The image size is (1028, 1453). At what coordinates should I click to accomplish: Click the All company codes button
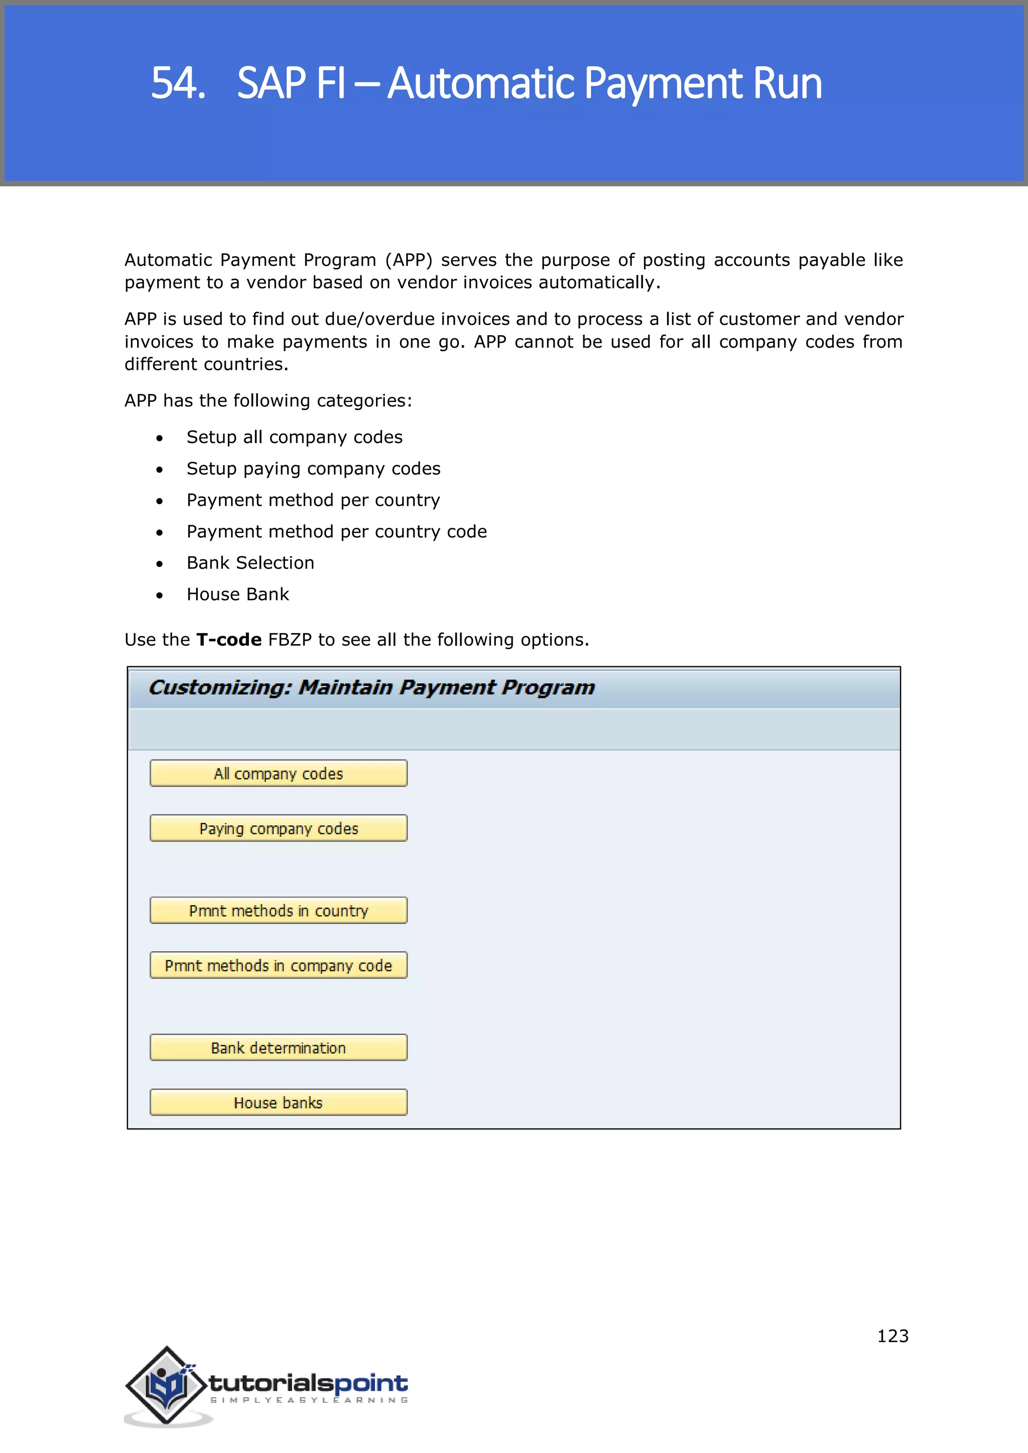[x=278, y=773]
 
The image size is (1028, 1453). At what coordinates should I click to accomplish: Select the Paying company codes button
[x=278, y=828]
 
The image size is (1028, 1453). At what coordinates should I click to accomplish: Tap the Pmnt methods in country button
[x=278, y=911]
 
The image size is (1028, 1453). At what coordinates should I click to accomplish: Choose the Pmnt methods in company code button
[x=278, y=966]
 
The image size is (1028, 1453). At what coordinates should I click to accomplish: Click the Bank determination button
[x=278, y=1048]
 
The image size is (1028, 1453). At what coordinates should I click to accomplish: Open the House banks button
[x=278, y=1102]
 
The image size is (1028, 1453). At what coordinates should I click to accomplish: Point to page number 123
[x=892, y=1336]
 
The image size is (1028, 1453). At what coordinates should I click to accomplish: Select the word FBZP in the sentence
[x=290, y=640]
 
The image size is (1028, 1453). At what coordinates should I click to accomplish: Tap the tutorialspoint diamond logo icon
[x=167, y=1385]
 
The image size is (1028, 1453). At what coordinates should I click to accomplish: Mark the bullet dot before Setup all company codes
[x=160, y=438]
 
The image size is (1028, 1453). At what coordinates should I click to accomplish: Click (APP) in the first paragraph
[x=409, y=260]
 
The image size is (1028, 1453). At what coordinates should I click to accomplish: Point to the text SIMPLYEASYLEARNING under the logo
[x=309, y=1400]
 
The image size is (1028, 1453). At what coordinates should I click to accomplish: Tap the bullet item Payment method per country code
[x=336, y=532]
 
